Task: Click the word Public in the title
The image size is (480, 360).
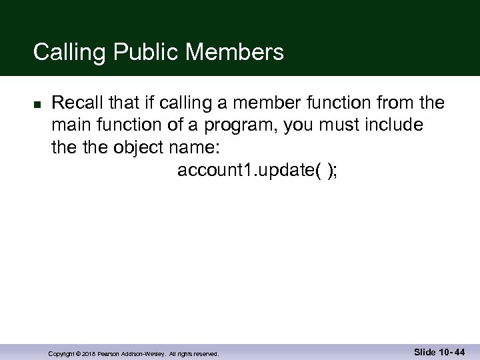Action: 141,51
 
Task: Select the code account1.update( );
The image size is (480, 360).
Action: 257,171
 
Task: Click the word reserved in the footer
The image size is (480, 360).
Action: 205,353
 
